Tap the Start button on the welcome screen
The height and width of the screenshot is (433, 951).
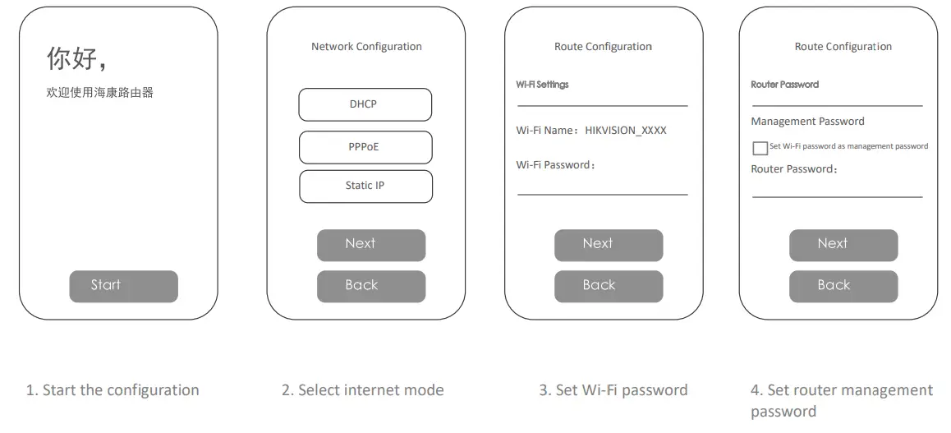(123, 286)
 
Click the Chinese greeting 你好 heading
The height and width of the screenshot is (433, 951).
(76, 59)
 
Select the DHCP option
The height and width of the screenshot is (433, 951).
(365, 104)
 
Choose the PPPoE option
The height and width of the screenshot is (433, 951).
(365, 147)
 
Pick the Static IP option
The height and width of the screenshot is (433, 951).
(365, 187)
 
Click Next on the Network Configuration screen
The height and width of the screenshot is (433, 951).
(371, 245)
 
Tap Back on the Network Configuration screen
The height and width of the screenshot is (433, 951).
(371, 286)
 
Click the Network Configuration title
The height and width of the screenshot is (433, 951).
(366, 47)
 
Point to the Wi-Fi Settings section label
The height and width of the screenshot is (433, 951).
(542, 85)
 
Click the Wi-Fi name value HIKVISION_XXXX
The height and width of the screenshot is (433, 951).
(626, 131)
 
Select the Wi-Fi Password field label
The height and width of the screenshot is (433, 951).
(555, 165)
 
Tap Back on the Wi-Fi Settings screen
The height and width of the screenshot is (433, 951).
(608, 286)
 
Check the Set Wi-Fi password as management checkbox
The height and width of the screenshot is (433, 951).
(760, 148)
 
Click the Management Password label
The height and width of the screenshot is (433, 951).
(807, 122)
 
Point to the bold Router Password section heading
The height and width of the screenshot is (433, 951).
(784, 85)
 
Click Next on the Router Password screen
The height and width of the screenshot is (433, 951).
(843, 245)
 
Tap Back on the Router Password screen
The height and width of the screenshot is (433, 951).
(843, 286)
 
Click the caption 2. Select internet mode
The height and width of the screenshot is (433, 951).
(362, 390)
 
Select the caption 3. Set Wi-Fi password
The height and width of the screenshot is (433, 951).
(613, 390)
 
